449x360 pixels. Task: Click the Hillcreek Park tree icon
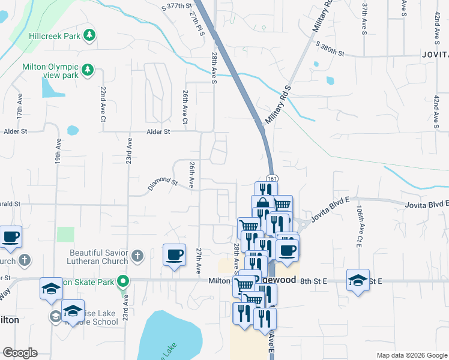89,35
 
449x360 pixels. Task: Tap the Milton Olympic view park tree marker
88,70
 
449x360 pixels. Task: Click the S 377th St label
180,7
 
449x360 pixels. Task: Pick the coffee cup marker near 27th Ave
175,255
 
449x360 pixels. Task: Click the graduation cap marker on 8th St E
358,280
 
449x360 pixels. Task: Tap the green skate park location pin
124,280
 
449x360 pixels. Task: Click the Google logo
20,353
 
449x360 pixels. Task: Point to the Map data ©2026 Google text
412,355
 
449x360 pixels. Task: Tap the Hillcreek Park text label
55,36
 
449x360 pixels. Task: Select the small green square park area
65,234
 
